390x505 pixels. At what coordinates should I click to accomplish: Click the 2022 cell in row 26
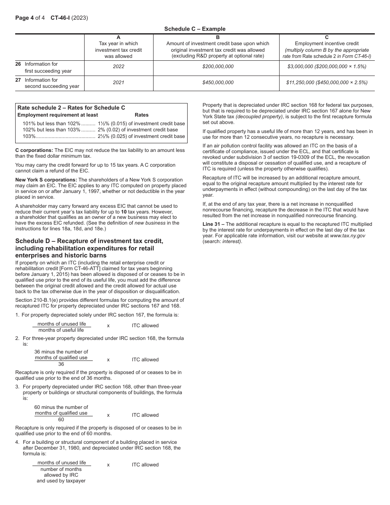coord(118,67)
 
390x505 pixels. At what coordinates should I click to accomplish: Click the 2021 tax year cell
coord(118,83)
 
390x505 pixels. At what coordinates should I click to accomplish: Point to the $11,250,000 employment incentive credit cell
coord(327,83)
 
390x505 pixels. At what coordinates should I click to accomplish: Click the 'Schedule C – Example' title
coord(195,29)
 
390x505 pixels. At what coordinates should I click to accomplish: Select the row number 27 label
coord(18,80)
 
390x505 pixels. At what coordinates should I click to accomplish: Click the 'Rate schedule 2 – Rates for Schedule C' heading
coord(71,108)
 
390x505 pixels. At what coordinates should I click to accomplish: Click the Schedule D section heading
coord(89,248)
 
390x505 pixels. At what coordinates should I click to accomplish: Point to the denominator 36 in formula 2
coord(61,364)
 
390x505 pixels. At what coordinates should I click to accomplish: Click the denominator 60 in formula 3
coord(61,420)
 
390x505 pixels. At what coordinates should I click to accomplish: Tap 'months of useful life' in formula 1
coord(61,330)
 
